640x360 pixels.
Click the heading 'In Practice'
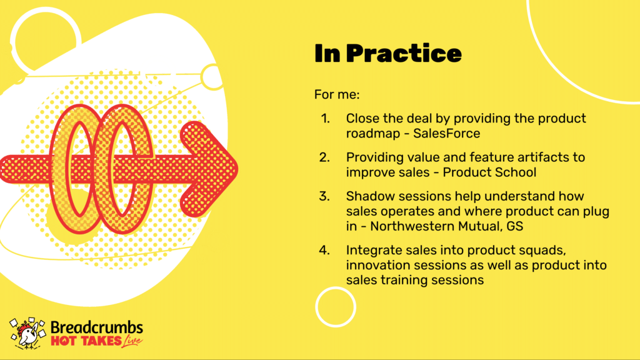[387, 54]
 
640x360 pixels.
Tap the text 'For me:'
[337, 95]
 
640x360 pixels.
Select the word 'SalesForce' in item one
[446, 134]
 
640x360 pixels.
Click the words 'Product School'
[489, 172]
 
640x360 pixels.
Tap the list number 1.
[325, 118]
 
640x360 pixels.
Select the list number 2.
[324, 157]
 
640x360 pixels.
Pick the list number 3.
[324, 196]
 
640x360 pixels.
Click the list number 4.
[324, 250]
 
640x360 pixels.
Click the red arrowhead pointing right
[209, 169]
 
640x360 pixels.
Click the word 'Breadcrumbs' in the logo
[97, 327]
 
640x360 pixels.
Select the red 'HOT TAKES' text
[86, 341]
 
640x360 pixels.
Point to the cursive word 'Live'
[132, 341]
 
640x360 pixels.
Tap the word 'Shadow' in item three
[370, 196]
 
